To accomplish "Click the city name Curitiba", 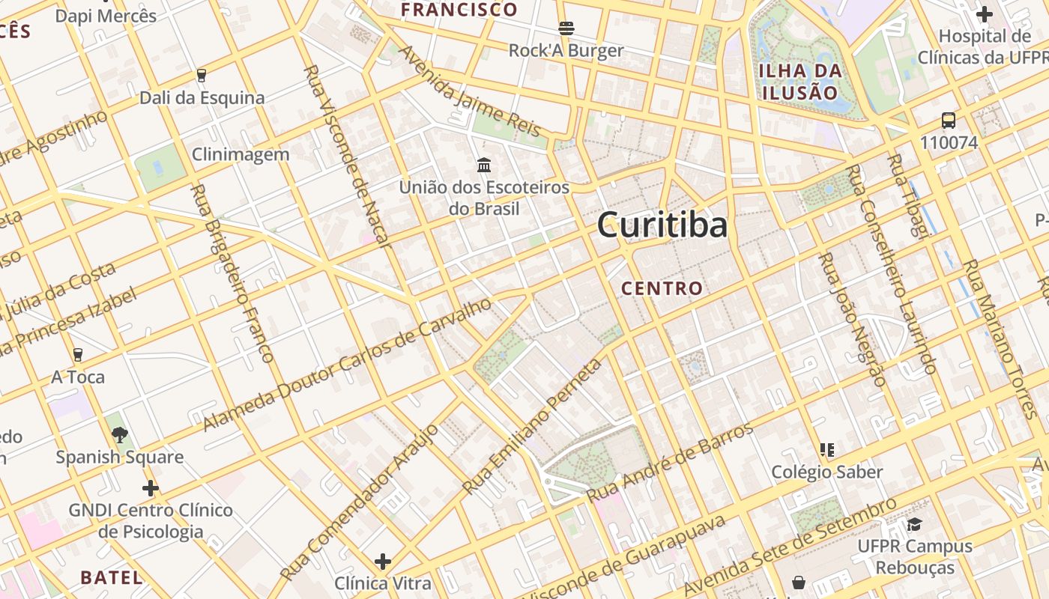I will [x=662, y=225].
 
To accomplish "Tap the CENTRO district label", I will [x=662, y=288].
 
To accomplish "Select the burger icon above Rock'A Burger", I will [x=566, y=28].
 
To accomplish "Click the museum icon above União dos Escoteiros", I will [x=484, y=165].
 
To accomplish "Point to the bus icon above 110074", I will [x=949, y=121].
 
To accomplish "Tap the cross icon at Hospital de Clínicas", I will [x=985, y=14].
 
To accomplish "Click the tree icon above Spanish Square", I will [x=119, y=434].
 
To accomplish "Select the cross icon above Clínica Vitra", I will [x=383, y=561].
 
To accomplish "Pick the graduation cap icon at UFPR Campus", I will [x=914, y=524].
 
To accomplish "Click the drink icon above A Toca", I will [x=78, y=354].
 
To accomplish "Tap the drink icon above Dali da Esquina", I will [x=201, y=75].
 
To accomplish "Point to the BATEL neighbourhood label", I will [x=111, y=577].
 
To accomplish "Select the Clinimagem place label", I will [x=241, y=155].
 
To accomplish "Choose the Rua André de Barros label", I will [x=670, y=463].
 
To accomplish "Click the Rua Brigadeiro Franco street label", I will [x=232, y=273].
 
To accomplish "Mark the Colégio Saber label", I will [x=827, y=472].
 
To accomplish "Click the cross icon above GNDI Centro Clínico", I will [x=151, y=489].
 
